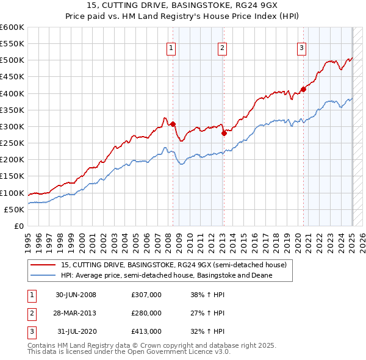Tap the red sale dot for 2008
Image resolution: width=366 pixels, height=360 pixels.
173,124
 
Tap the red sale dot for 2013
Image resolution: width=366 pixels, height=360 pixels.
224,133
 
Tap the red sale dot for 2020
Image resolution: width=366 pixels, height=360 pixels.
303,89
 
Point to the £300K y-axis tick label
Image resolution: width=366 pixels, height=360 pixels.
12,126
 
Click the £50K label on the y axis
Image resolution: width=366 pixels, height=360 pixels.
15,209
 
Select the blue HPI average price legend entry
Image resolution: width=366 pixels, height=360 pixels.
166,275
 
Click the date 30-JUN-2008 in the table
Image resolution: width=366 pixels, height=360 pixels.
76,295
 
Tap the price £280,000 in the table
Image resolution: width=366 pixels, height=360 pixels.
146,313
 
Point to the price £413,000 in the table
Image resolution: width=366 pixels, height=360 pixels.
146,331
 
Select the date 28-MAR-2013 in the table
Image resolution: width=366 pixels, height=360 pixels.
76,313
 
